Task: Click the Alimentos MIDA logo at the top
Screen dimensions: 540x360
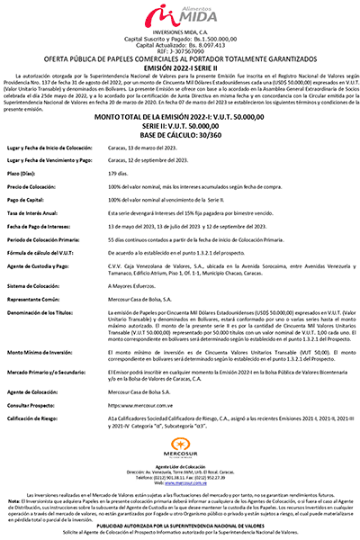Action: pyautogui.click(x=180, y=16)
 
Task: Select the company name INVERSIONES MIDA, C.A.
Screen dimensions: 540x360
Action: pyautogui.click(x=180, y=35)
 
